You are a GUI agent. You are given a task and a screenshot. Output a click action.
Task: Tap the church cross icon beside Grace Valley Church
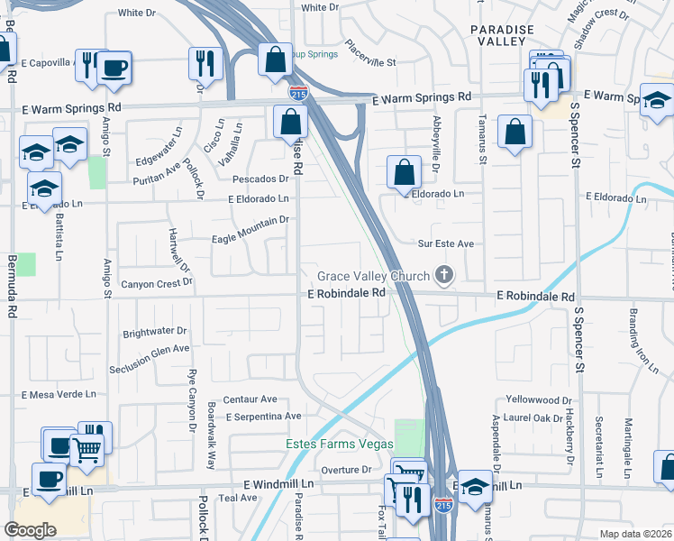pos(442,274)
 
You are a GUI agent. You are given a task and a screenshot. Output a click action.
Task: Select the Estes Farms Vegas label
pos(340,445)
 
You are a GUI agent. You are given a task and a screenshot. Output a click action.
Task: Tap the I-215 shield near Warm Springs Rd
pos(298,92)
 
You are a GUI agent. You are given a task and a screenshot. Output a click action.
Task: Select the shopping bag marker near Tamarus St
pos(514,133)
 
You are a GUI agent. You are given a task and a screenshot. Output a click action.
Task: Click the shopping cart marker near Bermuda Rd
pos(86,449)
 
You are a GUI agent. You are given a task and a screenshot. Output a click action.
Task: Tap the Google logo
pos(31,529)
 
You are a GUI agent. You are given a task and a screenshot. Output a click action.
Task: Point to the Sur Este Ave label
pos(445,243)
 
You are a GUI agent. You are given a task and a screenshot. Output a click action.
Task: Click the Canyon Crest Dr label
pos(157,282)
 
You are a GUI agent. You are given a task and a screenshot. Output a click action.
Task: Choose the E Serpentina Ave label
pos(264,417)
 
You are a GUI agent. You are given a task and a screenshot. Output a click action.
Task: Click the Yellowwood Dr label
pos(539,399)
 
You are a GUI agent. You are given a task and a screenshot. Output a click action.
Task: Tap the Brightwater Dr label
pos(154,331)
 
